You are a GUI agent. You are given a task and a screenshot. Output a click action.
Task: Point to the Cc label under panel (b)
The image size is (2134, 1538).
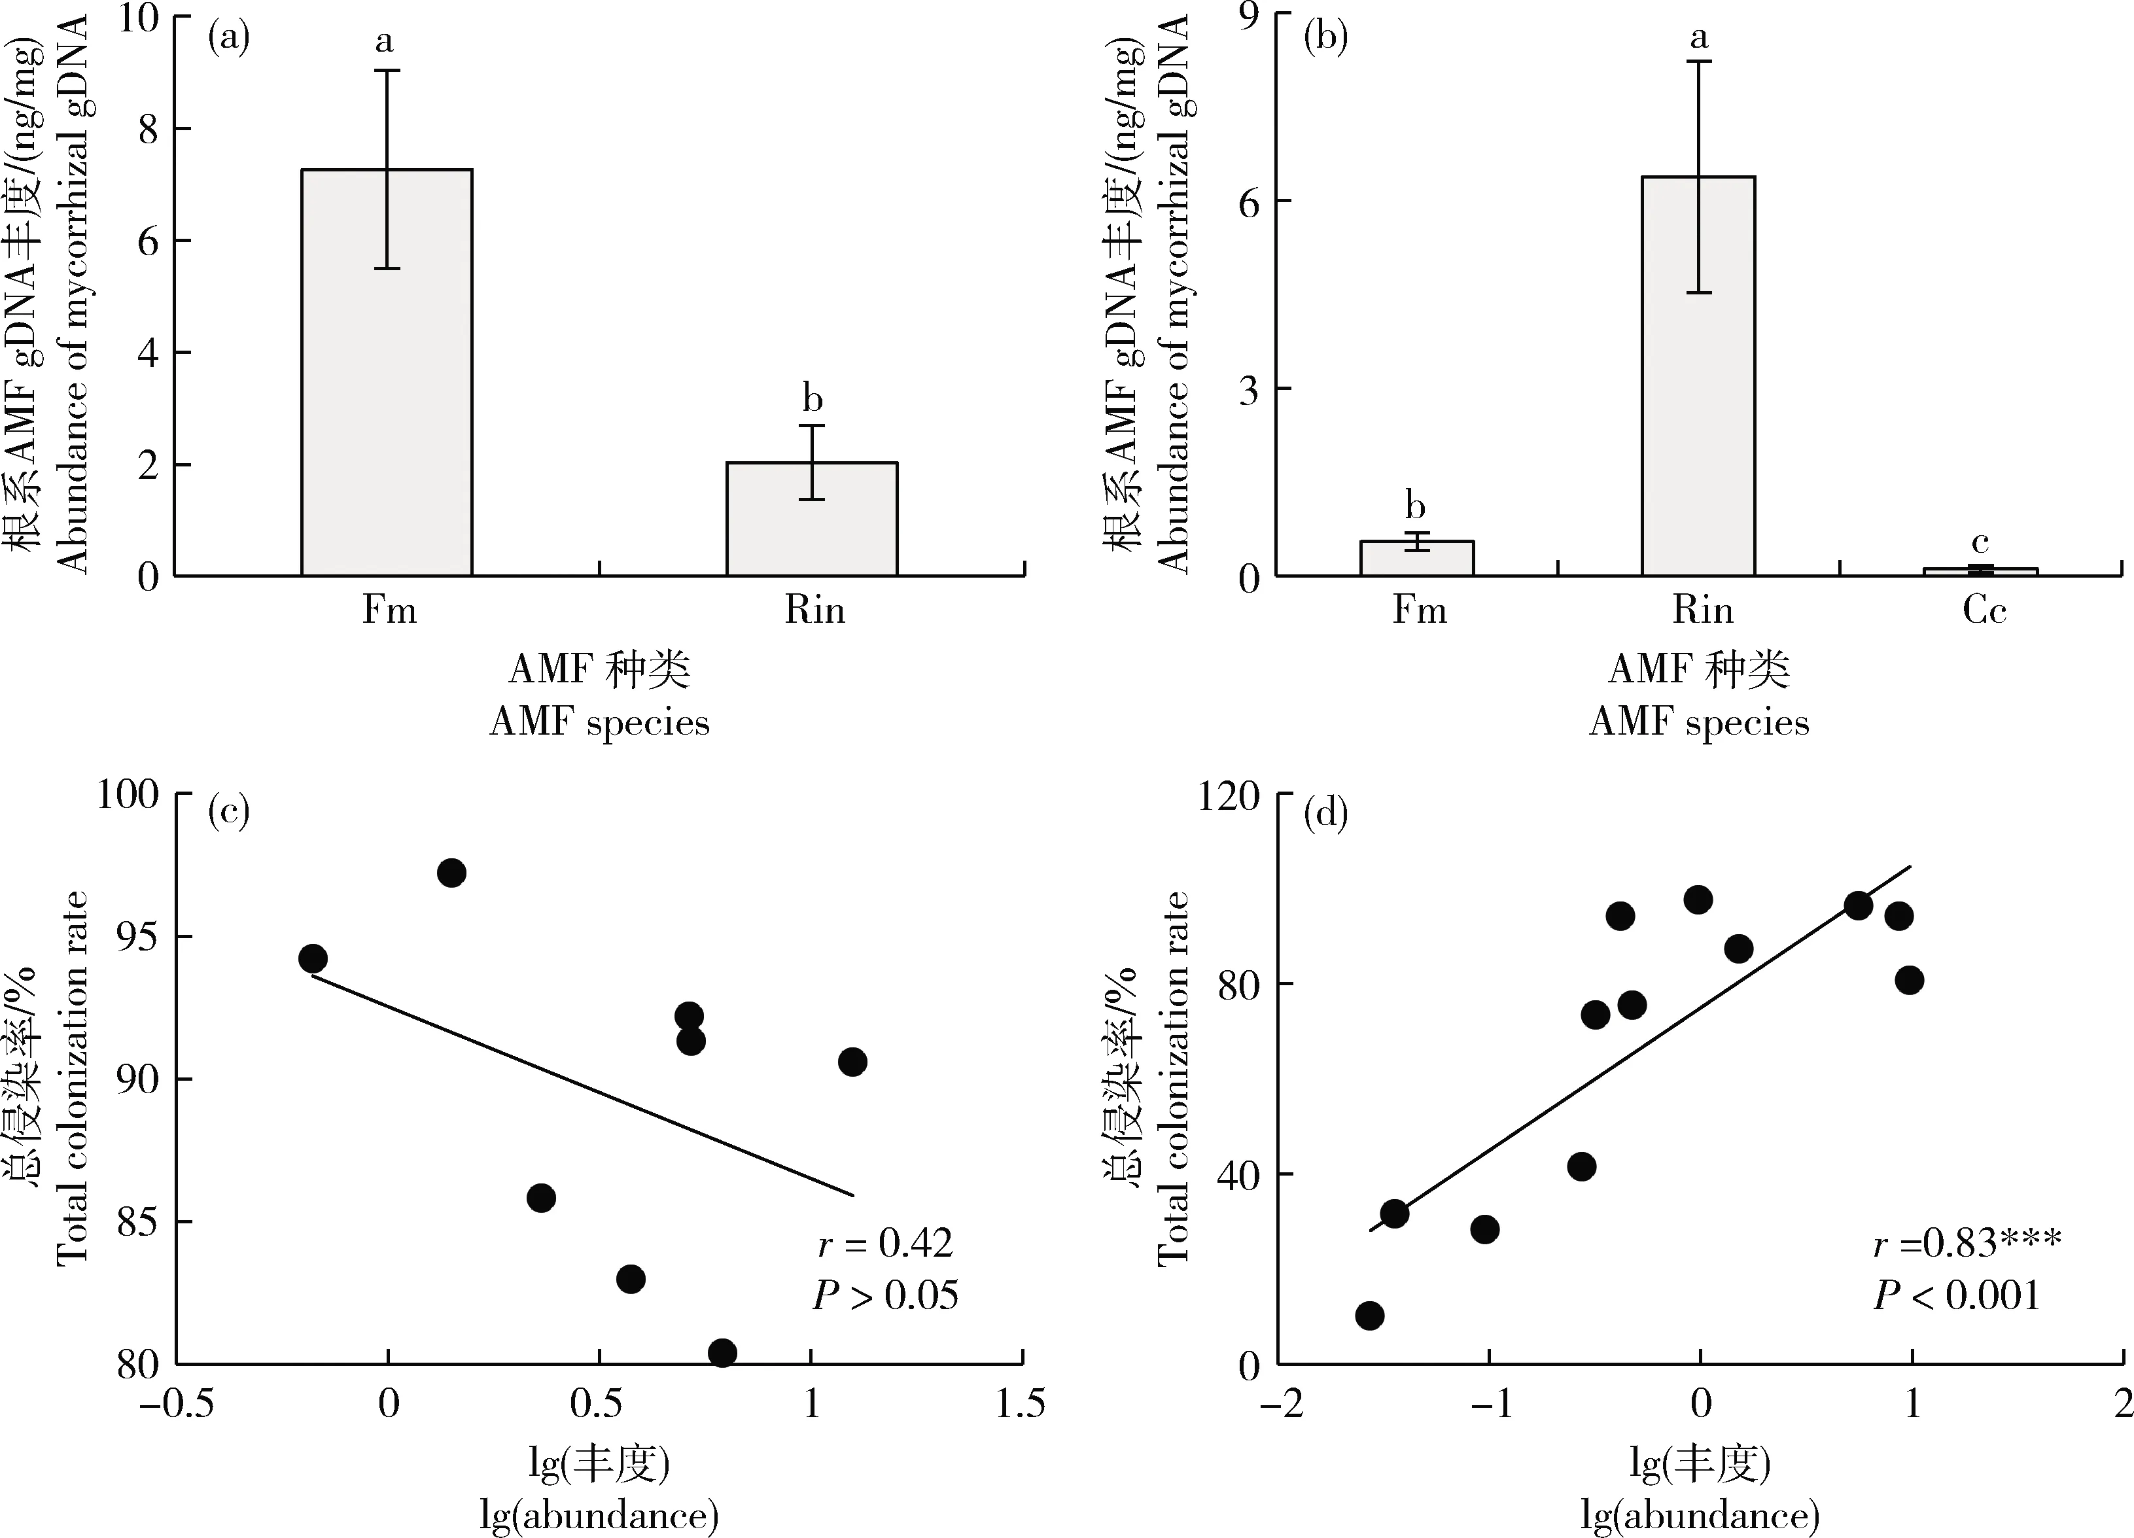click(1984, 610)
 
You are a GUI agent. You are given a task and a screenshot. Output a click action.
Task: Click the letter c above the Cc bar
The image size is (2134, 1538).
click(1980, 542)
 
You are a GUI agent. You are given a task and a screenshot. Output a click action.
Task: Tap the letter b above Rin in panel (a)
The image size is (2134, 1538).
click(812, 399)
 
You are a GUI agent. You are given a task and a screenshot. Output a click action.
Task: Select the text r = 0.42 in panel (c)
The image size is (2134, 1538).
click(884, 1244)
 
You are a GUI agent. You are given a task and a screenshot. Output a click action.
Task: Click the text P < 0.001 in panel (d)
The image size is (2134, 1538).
click(1956, 1295)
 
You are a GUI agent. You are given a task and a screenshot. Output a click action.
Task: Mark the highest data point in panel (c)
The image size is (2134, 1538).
click(451, 873)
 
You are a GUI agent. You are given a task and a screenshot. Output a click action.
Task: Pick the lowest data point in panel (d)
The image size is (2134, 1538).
click(1370, 1315)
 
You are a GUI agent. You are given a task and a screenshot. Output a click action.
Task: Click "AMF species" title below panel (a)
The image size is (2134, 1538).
click(599, 722)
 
